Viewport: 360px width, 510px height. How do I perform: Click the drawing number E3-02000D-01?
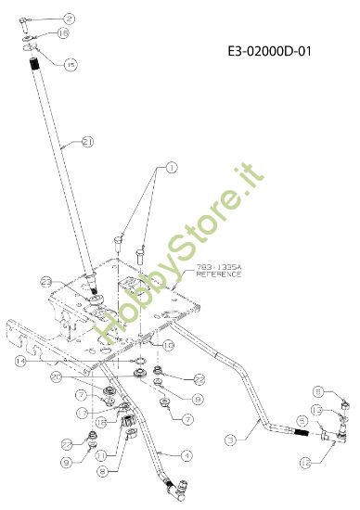[x=268, y=53]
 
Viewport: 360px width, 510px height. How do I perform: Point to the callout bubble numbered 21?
[x=88, y=142]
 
